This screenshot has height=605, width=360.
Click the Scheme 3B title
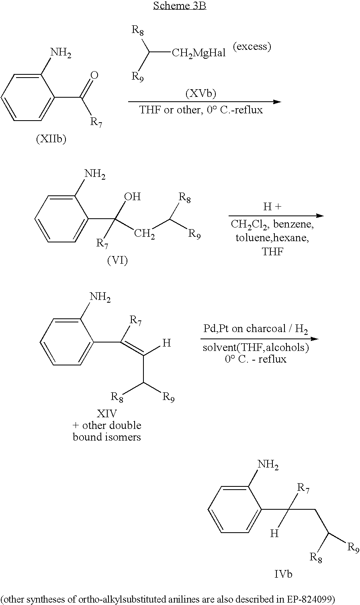coord(180,6)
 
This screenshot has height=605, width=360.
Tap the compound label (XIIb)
coord(51,139)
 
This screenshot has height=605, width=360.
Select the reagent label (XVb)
coord(200,94)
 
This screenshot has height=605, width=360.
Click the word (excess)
coord(252,47)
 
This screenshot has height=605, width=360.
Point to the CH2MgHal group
coord(198,53)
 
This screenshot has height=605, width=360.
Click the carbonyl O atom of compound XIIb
coord(95,75)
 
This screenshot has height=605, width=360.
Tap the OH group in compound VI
coord(133,197)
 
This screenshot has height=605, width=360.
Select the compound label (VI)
coord(117,260)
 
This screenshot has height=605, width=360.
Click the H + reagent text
coord(272,207)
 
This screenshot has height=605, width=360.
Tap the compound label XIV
coord(106,414)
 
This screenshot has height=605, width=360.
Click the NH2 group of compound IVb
coord(268,465)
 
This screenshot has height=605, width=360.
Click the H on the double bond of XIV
coord(167,343)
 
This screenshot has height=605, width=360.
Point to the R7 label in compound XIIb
coord(96,122)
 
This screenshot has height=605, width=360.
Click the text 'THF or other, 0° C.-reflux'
coord(201,110)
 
